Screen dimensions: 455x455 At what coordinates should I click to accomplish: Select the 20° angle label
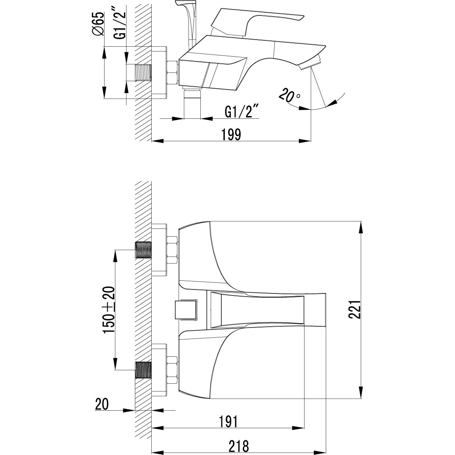point(289,95)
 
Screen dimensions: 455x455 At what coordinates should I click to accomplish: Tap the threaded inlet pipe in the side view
point(143,72)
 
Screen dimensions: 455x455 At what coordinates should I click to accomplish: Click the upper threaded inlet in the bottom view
point(143,250)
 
